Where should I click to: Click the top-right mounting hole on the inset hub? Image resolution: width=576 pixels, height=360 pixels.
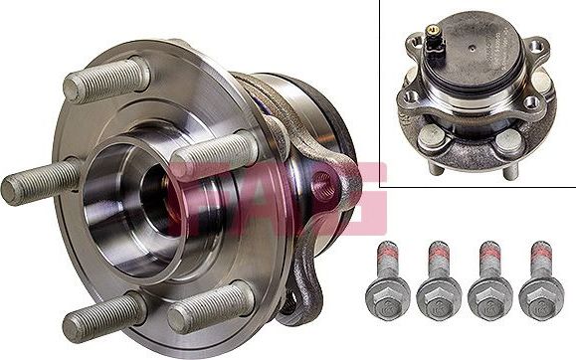coord(536,47)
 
